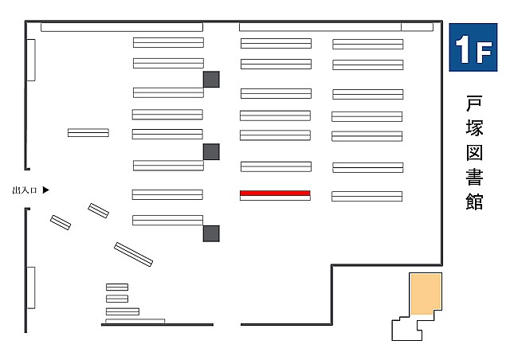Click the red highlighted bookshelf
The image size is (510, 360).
275,194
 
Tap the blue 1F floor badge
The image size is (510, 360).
473,48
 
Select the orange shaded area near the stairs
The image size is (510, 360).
426,295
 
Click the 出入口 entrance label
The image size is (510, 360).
25,190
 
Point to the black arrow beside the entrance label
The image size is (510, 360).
46,190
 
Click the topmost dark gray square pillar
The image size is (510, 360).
211,80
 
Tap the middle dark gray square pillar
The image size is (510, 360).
211,152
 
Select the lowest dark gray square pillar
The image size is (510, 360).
211,233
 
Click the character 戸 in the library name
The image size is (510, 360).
474,104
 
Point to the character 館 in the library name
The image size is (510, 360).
474,202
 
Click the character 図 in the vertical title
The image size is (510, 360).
474,152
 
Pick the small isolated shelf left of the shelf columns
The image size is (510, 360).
88,133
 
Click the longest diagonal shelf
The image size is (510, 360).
133,254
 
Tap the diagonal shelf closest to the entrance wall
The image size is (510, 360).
61,222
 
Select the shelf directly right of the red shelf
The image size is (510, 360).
367,197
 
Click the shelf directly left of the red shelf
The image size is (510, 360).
167,194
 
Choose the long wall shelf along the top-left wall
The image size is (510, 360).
122,27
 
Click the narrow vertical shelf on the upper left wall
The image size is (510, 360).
31,61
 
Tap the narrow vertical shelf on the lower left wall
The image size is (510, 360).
31,288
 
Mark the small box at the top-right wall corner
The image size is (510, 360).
417,27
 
